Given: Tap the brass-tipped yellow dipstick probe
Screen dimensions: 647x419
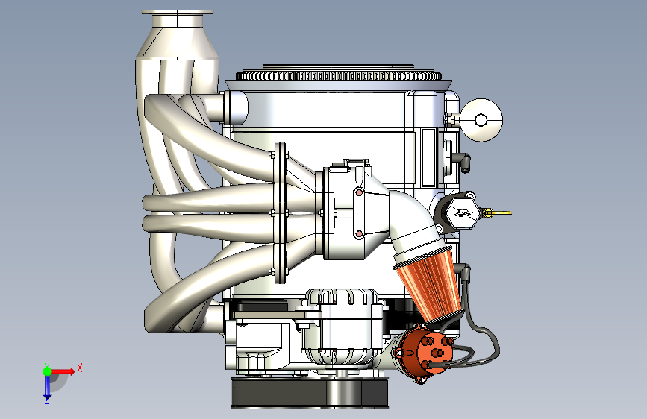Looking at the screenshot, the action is pos(497,213).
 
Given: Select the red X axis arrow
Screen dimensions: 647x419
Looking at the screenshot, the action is pos(63,371).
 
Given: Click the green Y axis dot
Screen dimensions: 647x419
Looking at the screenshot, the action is pos(48,371).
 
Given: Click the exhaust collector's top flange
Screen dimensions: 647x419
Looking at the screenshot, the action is pos(178,12).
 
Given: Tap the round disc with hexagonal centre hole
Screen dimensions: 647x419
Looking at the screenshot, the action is pos(481,120).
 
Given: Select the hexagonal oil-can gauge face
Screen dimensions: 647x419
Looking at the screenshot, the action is pos(460,212).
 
